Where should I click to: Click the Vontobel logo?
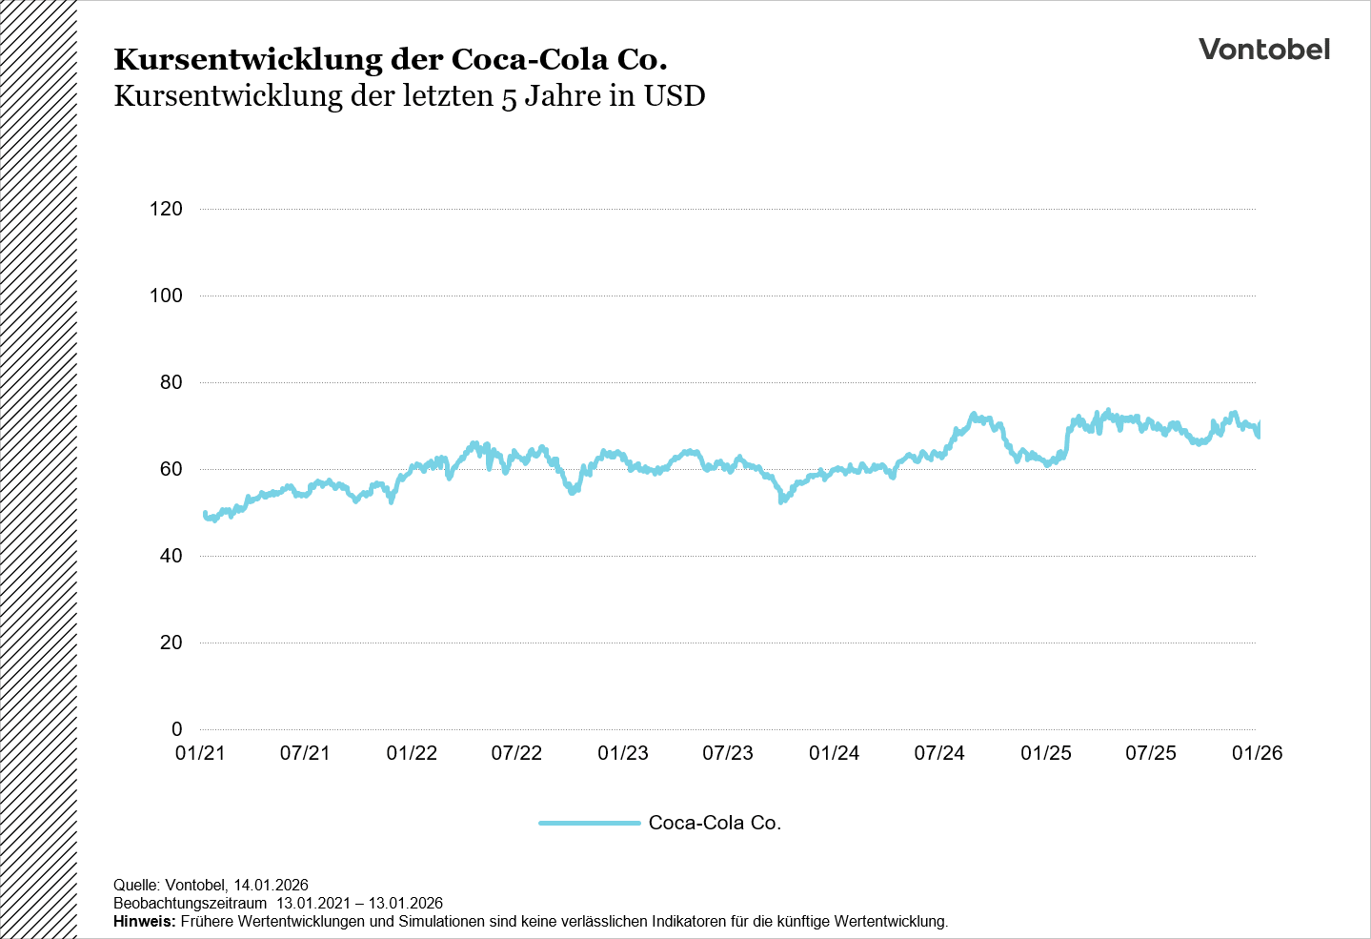(1263, 50)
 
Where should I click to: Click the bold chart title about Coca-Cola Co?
(390, 59)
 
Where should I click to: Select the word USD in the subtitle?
(675, 96)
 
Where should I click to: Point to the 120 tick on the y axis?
(166, 209)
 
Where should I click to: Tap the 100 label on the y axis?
(166, 296)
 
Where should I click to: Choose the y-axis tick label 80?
(171, 382)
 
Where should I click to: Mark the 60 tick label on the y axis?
(171, 469)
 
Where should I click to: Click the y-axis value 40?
(171, 556)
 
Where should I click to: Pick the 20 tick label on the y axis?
(171, 643)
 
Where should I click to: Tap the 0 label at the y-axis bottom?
(176, 729)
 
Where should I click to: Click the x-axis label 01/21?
(200, 753)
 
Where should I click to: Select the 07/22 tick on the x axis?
(516, 753)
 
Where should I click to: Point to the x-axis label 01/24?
(834, 753)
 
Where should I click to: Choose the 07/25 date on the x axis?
(1151, 753)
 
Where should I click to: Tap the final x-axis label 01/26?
(1257, 753)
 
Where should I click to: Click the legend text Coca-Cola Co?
(715, 823)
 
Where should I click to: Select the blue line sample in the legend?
(589, 823)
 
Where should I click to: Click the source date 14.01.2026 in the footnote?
(271, 886)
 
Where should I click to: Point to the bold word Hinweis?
(144, 922)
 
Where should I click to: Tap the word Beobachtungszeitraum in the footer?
(190, 904)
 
